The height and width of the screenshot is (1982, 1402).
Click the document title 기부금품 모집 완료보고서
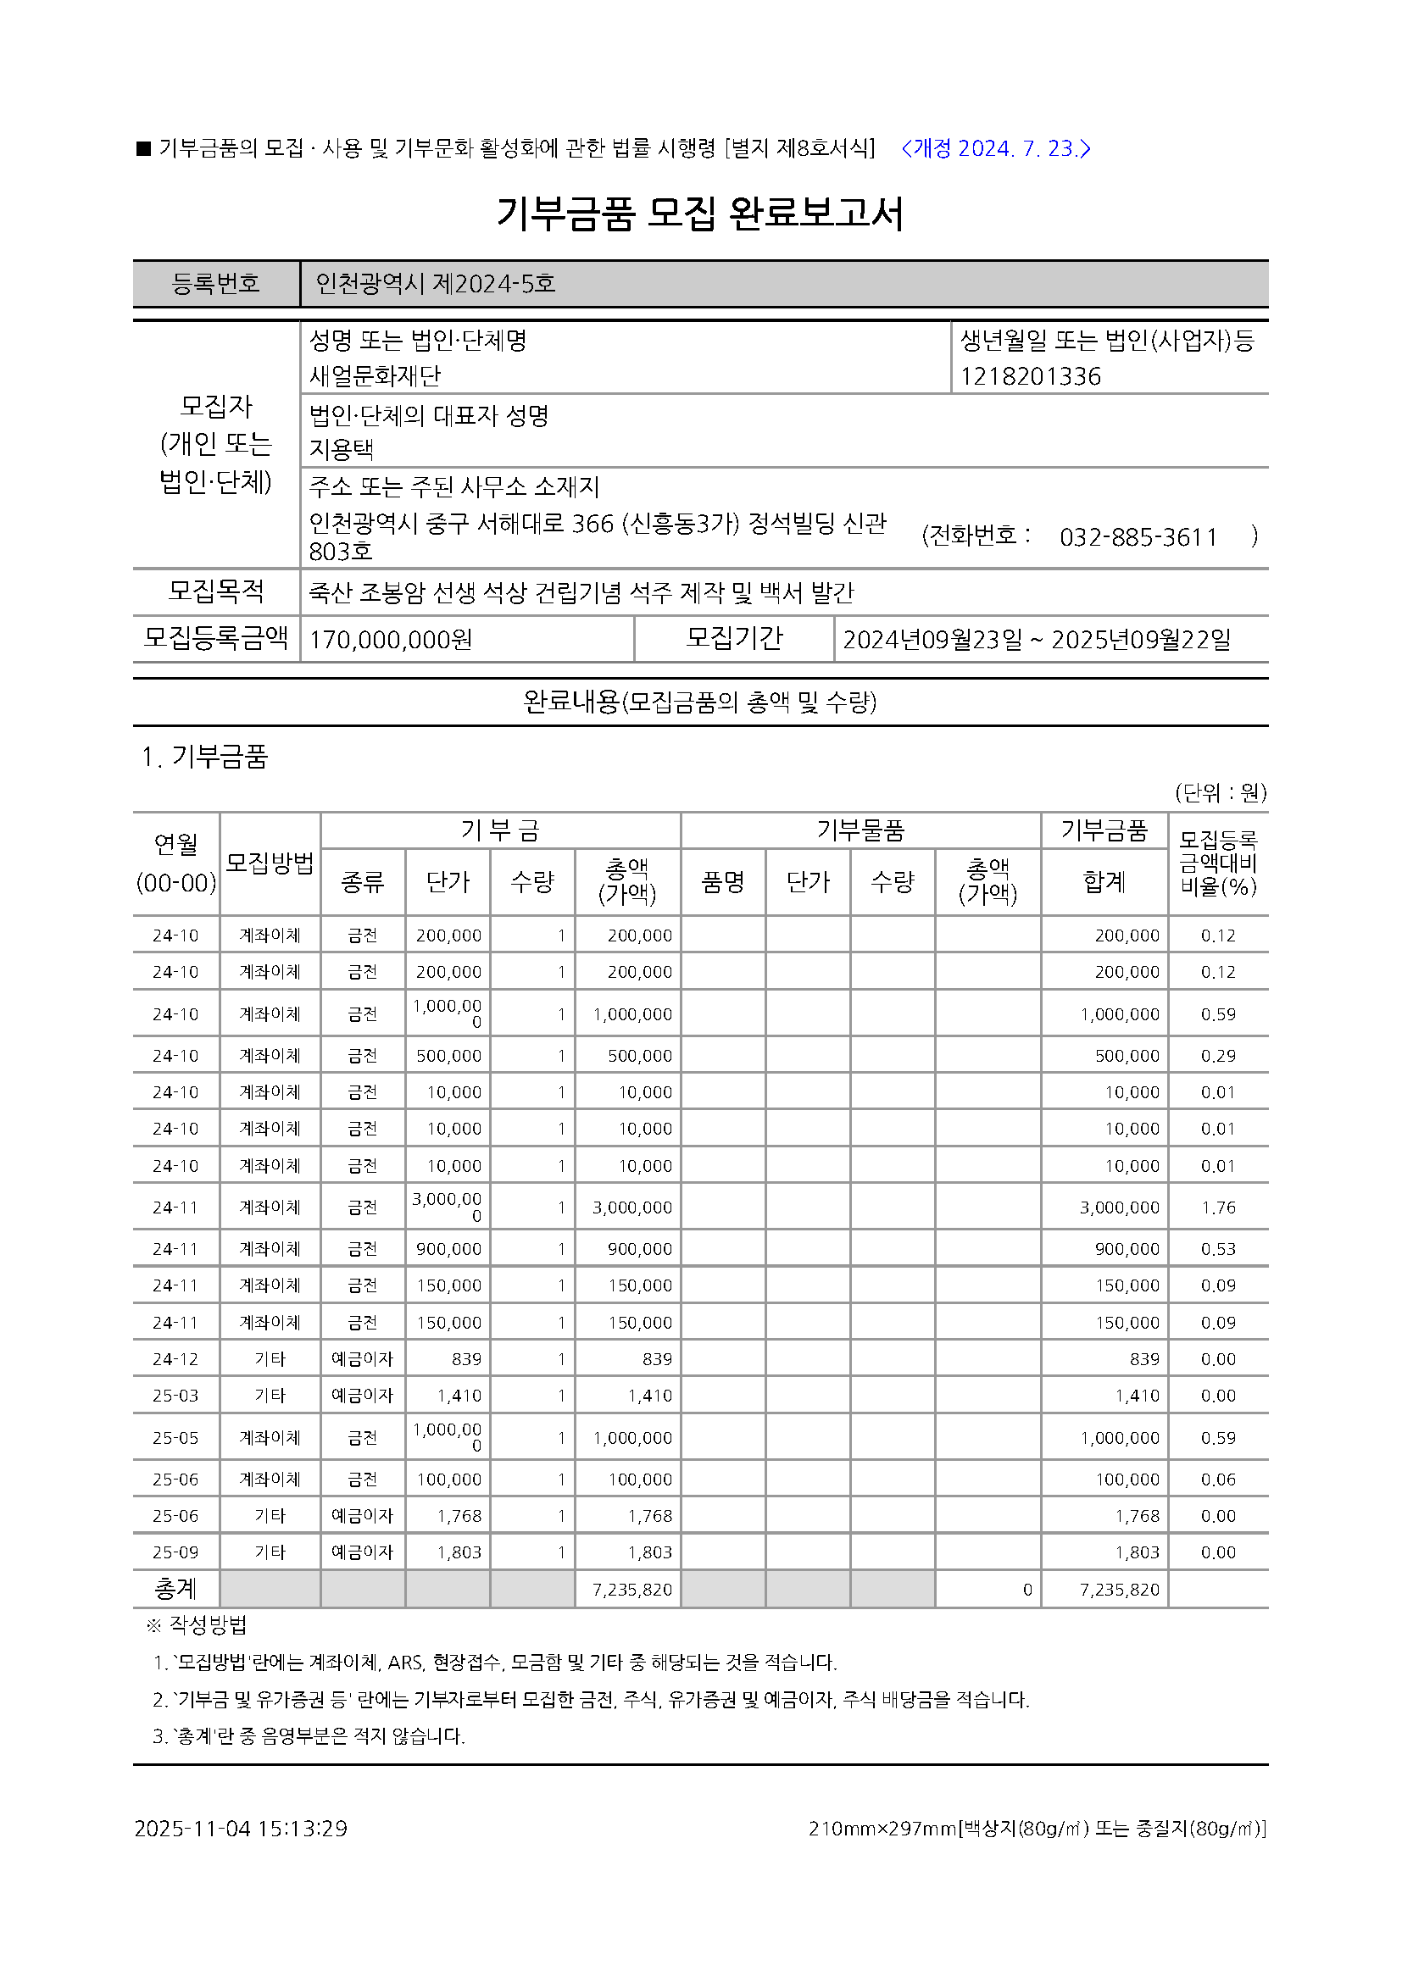point(700,214)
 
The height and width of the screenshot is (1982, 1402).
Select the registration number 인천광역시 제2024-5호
point(434,284)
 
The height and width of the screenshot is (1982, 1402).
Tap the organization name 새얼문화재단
point(375,376)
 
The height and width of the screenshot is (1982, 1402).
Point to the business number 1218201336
point(1030,377)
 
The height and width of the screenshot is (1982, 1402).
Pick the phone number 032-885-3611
point(1138,538)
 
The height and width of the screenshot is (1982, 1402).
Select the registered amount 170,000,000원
point(390,640)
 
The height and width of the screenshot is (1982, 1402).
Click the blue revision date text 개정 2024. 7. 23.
point(995,148)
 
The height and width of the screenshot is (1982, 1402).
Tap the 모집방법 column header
point(270,863)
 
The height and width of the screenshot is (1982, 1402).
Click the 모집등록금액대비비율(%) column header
point(1218,863)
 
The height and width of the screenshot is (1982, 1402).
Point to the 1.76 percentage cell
point(1218,1208)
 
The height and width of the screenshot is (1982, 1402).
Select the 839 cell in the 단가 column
point(466,1359)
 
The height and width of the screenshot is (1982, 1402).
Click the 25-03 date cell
point(175,1396)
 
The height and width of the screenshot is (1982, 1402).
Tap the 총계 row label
point(175,1589)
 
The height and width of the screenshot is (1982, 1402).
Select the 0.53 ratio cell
point(1218,1249)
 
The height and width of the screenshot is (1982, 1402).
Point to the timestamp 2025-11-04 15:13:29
point(241,1829)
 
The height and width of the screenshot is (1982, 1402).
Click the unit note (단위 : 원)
point(1220,792)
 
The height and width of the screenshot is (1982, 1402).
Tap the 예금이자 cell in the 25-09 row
point(362,1552)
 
